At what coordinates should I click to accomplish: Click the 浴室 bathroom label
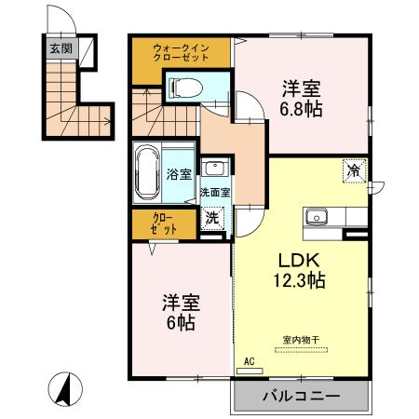pos(179,174)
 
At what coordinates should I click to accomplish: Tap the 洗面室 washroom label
pos(215,194)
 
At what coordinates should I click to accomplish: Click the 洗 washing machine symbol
pos(213,219)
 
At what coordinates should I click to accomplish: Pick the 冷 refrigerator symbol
pos(355,170)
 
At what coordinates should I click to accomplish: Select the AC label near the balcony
pos(250,360)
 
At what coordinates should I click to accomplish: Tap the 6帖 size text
pos(182,324)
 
